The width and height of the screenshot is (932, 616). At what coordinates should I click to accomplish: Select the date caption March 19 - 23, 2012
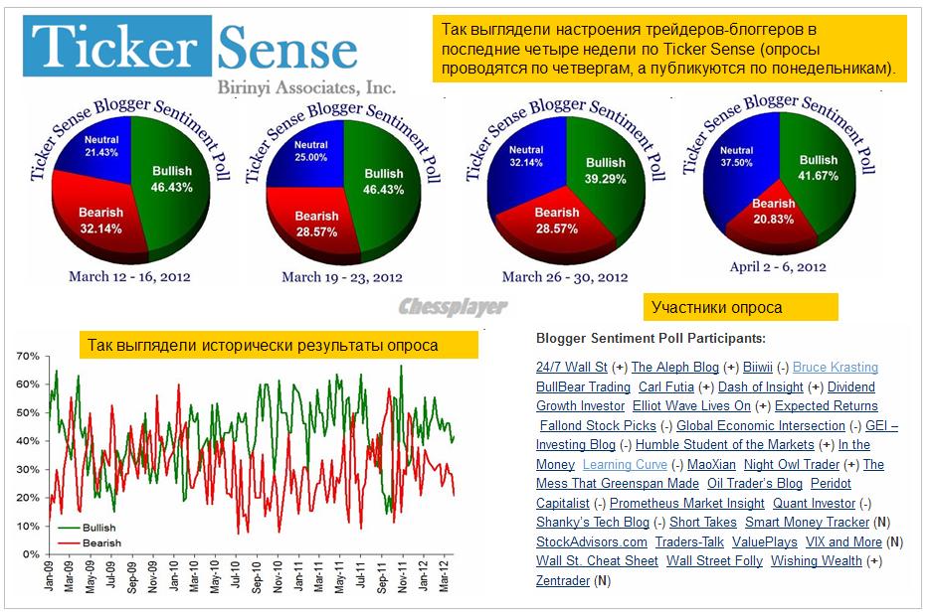[x=341, y=277]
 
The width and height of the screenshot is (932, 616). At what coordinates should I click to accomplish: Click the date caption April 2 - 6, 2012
[x=778, y=266]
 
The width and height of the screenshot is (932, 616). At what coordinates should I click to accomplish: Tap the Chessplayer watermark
[x=453, y=306]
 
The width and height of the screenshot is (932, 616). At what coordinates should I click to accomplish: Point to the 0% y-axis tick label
[x=31, y=553]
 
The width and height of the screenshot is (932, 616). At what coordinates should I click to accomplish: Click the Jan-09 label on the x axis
[x=48, y=577]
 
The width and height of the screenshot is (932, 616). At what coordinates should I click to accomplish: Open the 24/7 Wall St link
[x=571, y=368]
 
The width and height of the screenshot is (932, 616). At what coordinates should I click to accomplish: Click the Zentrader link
[x=562, y=580]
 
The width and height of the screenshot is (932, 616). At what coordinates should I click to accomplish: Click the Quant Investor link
[x=814, y=503]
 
